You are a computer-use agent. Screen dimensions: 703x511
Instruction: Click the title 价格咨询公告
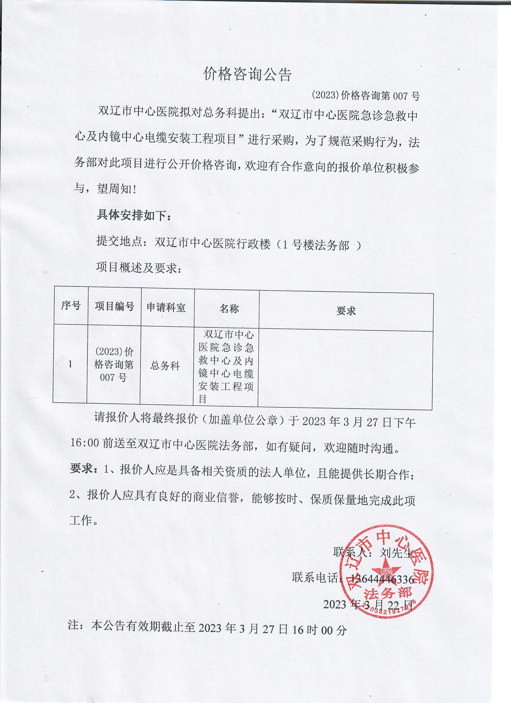pos(247,74)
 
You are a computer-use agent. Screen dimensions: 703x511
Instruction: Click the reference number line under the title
pos(366,96)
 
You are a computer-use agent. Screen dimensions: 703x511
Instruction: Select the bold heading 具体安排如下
pos(133,215)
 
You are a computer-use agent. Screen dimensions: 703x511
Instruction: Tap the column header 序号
pos(71,305)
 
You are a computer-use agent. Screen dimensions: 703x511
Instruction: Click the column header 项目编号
pos(114,307)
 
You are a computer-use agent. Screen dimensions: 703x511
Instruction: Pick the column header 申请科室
pos(166,308)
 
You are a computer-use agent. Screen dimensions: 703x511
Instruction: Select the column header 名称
pos(229,309)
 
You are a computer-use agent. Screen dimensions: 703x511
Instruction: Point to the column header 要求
pos(346,311)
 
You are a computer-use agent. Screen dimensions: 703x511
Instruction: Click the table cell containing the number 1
pos(70,364)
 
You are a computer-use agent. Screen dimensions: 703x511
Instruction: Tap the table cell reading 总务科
pos(165,366)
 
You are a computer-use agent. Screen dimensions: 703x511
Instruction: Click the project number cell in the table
pos(114,364)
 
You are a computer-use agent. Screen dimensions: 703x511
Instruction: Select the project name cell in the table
pos(226,366)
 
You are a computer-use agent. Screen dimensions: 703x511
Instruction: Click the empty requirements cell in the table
pos(345,369)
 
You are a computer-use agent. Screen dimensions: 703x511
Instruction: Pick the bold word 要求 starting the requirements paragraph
pos(81,469)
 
